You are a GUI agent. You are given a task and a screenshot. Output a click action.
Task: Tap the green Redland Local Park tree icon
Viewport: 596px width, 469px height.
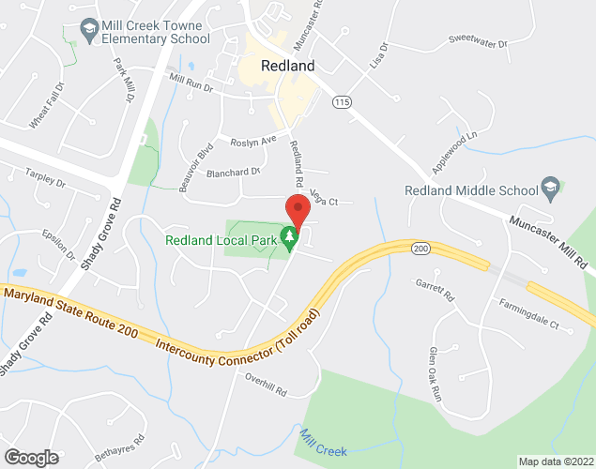(291, 238)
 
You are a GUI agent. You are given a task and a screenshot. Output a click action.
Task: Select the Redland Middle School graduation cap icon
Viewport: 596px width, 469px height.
(552, 190)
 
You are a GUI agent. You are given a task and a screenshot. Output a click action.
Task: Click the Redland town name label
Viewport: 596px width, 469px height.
(288, 66)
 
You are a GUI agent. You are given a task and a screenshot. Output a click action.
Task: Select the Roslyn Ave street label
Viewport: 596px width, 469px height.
(253, 142)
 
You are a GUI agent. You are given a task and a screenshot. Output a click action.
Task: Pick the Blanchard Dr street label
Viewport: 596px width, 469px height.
(233, 173)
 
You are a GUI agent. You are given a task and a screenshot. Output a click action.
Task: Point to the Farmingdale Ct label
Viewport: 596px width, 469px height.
(529, 315)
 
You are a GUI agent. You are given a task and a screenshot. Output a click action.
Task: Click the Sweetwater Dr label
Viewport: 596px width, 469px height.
(477, 42)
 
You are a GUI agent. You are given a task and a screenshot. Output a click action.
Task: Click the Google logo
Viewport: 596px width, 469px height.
(30, 457)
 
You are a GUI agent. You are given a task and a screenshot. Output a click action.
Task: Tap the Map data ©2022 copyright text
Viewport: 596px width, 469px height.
(556, 461)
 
